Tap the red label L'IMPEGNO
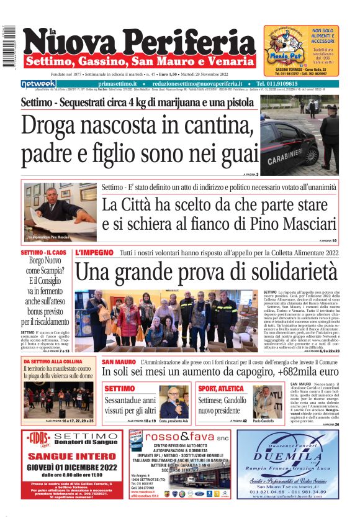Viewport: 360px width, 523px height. (x=94, y=253)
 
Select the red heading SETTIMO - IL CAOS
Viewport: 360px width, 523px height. (x=43, y=253)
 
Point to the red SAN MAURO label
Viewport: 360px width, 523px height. (x=119, y=361)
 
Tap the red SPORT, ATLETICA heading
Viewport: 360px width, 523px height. (x=222, y=388)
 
